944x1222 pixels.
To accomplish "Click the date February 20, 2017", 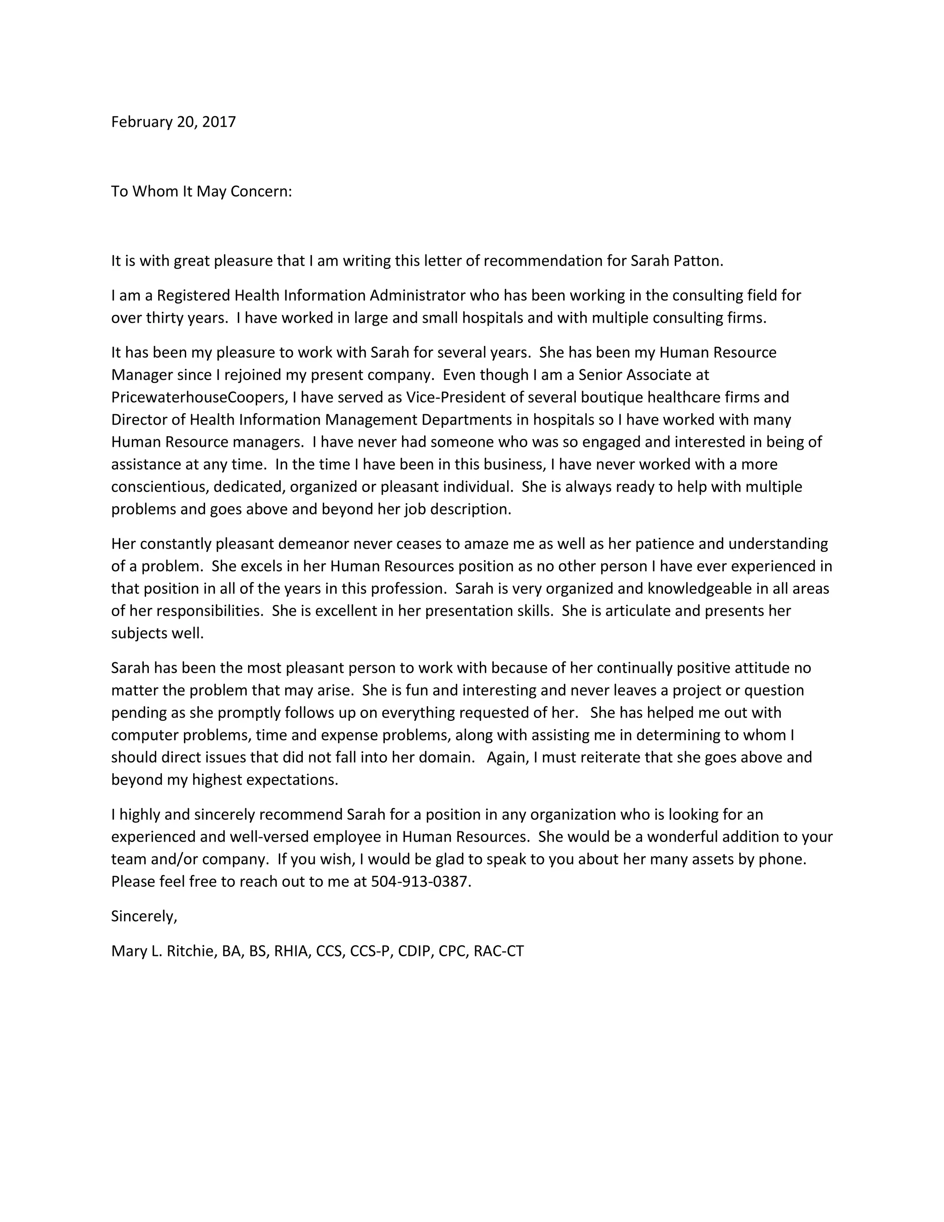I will pyautogui.click(x=173, y=122).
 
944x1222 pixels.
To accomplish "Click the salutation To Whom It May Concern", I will pyautogui.click(x=201, y=191).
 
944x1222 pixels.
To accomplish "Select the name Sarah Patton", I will pyautogui.click(x=676, y=261).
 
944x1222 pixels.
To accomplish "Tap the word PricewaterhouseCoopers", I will pyautogui.click(x=199, y=397).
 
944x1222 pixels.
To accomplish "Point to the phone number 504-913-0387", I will pyautogui.click(x=420, y=882).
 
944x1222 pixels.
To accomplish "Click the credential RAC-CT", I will pyautogui.click(x=498, y=951).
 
